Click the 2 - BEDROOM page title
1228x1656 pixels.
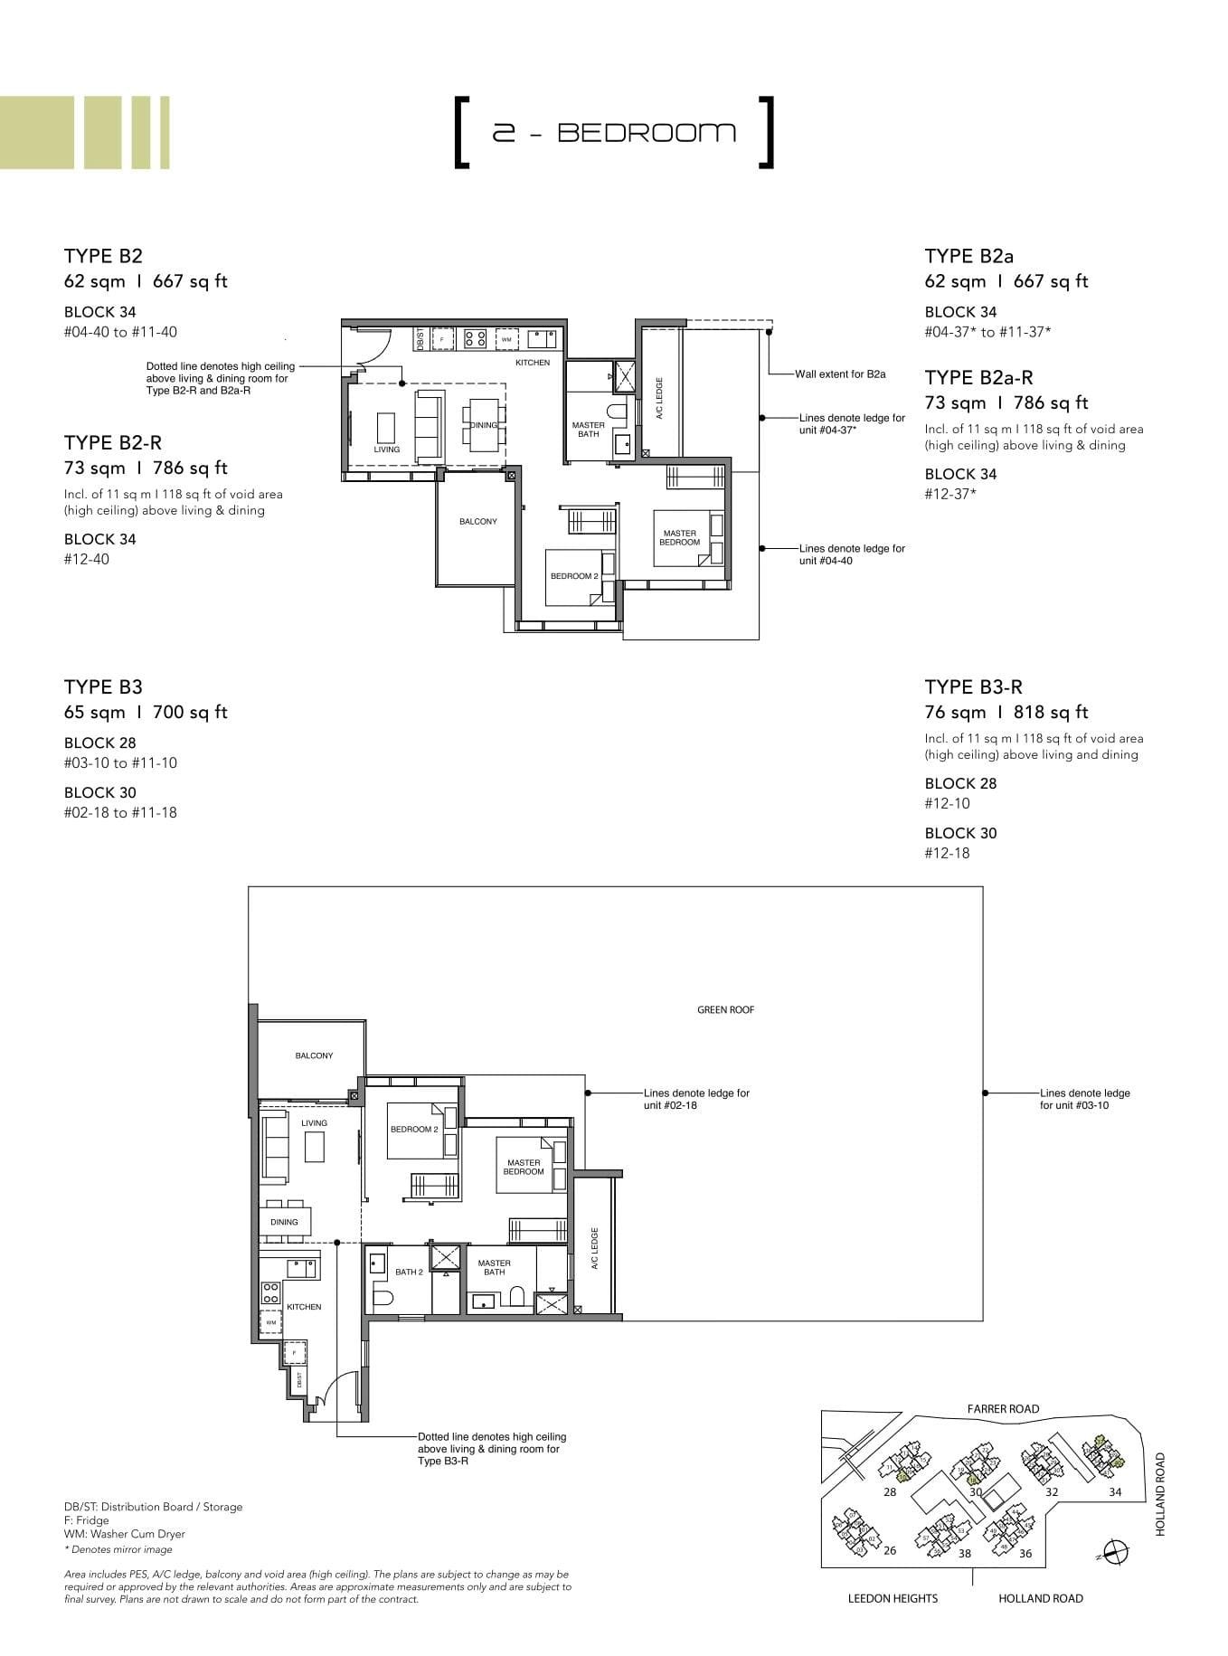(x=614, y=133)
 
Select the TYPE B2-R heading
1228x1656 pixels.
(x=113, y=442)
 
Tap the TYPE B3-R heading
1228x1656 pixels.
(x=974, y=686)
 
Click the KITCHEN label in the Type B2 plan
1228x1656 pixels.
(x=533, y=363)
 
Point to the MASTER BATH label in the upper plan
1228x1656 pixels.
(x=588, y=430)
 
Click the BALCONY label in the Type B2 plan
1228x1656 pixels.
(x=477, y=522)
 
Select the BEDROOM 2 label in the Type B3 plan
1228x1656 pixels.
(x=414, y=1130)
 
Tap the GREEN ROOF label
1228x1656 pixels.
(x=725, y=1010)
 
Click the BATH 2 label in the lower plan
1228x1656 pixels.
(x=409, y=1272)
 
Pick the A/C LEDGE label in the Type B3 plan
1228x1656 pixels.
(x=595, y=1248)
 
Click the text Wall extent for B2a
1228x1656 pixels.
(x=840, y=374)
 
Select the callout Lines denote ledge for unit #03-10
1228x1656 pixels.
(x=1084, y=1099)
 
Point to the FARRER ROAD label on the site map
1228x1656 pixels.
(x=1003, y=1409)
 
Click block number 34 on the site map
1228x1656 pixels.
(x=1115, y=1491)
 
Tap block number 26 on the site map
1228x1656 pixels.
(x=890, y=1550)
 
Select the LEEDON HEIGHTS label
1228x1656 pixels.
(x=893, y=1598)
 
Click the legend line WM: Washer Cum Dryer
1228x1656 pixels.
(x=125, y=1534)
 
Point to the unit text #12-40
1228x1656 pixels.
(x=87, y=559)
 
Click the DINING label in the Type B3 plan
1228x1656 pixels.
(x=284, y=1222)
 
